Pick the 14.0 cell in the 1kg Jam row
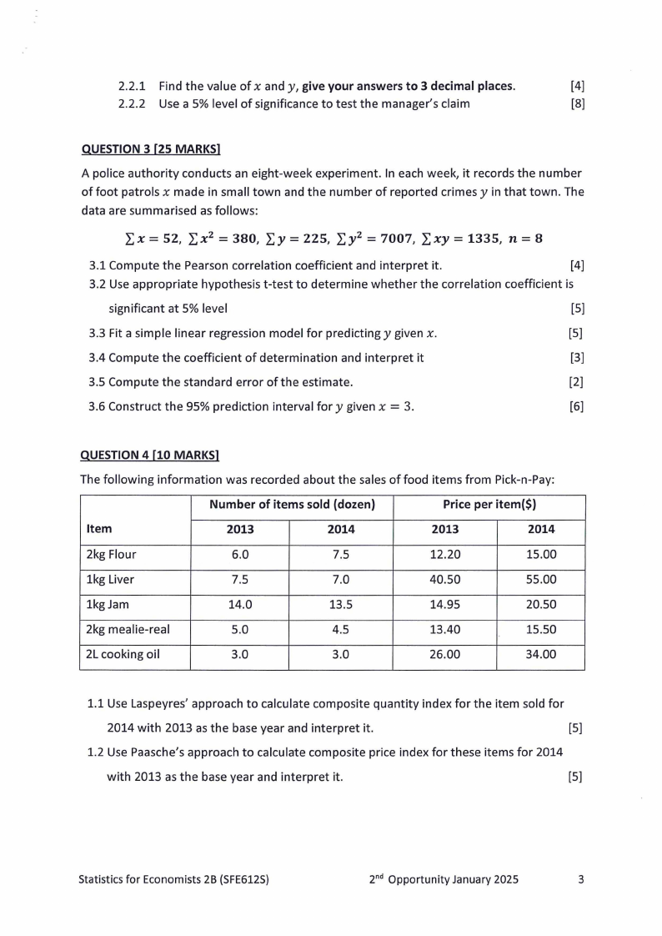pyautogui.click(x=240, y=605)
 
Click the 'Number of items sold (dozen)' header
pyautogui.click(x=292, y=505)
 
